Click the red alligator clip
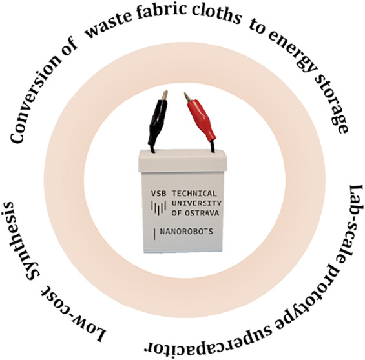click(x=202, y=119)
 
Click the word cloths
click(x=216, y=15)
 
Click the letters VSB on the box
click(x=159, y=194)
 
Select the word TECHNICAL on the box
click(x=194, y=194)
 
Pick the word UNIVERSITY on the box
click(x=196, y=203)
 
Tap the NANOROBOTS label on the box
click(x=186, y=232)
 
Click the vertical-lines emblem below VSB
click(x=159, y=207)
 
